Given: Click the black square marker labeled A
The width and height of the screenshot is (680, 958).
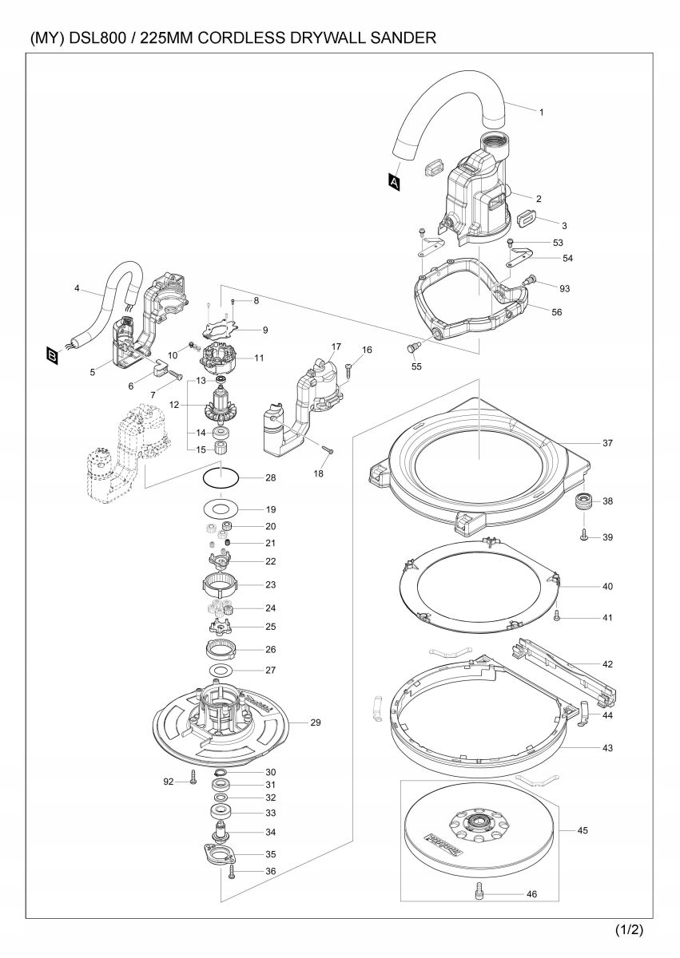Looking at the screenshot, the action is (x=394, y=182).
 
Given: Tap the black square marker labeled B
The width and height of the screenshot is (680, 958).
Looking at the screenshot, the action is (x=52, y=356).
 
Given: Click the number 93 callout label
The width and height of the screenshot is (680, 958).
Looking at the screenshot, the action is (x=564, y=289).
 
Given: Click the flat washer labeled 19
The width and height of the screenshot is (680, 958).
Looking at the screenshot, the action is (x=221, y=509).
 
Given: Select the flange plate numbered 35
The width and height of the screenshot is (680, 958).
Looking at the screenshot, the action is (x=221, y=854).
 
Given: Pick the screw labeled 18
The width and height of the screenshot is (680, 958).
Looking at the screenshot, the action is (x=328, y=449).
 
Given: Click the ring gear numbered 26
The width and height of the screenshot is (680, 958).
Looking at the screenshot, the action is (x=221, y=650).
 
